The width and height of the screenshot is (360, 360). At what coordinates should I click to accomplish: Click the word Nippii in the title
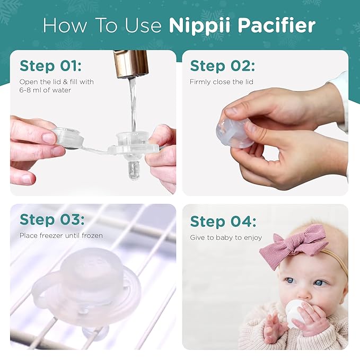194,25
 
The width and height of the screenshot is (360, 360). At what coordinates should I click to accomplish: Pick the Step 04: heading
223,221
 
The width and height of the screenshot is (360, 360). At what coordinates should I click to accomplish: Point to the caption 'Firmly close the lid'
222,82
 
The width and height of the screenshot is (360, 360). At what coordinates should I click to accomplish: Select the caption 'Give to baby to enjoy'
226,238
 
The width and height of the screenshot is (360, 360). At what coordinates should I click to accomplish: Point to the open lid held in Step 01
68,138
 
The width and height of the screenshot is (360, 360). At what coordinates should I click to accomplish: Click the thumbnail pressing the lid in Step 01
49,138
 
